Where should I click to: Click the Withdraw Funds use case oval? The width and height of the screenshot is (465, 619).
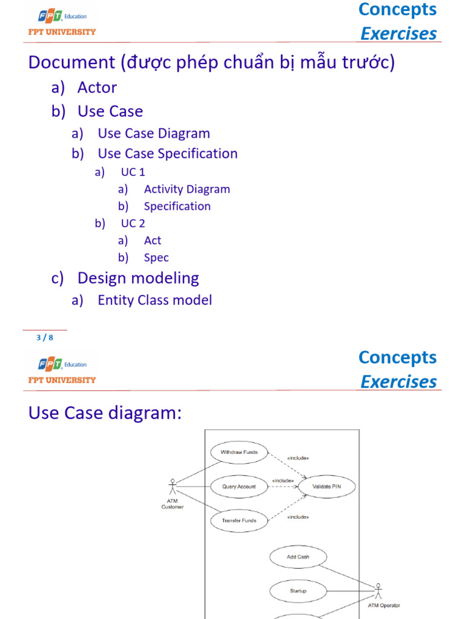point(239,452)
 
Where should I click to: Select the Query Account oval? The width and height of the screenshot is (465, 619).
point(239,486)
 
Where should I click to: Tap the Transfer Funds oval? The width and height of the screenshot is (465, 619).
point(239,520)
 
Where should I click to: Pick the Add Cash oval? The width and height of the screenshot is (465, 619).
point(298,557)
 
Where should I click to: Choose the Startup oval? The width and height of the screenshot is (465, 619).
point(298,591)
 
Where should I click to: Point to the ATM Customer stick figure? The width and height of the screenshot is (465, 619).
point(173,487)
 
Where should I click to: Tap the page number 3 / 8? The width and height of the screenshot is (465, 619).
point(45,338)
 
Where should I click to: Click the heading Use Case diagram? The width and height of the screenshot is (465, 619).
point(105,413)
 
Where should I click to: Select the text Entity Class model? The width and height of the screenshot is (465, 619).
point(154,300)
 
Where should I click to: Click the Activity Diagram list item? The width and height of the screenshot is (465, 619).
point(186,189)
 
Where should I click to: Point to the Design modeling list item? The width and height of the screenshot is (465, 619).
point(138,278)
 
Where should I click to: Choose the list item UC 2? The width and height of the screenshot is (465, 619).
point(133,224)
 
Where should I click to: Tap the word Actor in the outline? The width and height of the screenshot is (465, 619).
point(97,88)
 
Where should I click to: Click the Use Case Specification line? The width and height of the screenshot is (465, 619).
point(168,154)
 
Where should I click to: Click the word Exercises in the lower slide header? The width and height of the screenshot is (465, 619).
point(398,382)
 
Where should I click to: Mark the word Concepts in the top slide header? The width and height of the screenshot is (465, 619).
point(397,9)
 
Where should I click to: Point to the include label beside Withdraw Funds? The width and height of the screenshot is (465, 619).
point(298,458)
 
